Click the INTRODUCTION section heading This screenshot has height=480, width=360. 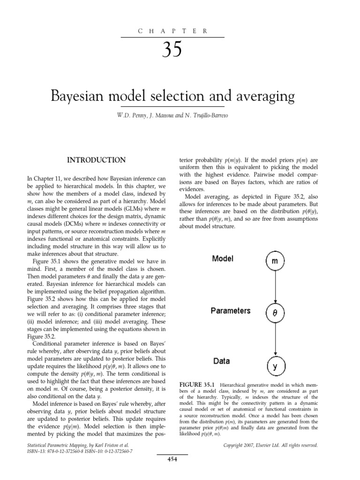coord(96,160)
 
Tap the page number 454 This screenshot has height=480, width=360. coord(172,472)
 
